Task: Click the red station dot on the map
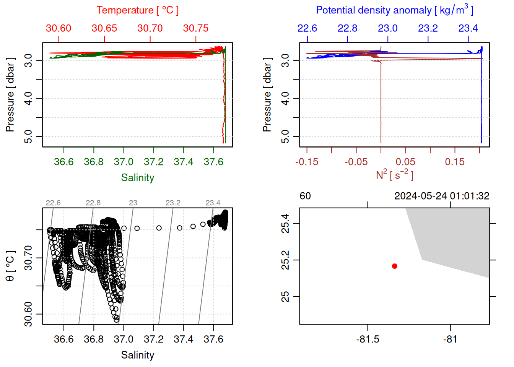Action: (395, 266)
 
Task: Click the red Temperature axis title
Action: (137, 10)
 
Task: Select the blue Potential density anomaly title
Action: (394, 10)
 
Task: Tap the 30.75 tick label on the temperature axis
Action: (196, 28)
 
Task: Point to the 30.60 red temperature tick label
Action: (59, 28)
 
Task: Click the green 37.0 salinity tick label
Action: (124, 162)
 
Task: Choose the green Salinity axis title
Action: (137, 178)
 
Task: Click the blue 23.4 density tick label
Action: (468, 28)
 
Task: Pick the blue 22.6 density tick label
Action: (307, 28)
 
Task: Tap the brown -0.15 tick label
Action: (307, 162)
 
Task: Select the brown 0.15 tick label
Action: (455, 162)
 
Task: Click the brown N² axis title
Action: (394, 175)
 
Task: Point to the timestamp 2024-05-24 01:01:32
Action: (442, 196)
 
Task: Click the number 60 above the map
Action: (305, 196)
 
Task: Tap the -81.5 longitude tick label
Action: (368, 339)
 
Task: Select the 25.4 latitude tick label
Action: (285, 223)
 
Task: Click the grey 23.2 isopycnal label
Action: (173, 203)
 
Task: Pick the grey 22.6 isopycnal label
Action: (53, 203)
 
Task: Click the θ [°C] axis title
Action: (10, 266)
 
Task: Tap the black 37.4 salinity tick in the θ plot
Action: (184, 339)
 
